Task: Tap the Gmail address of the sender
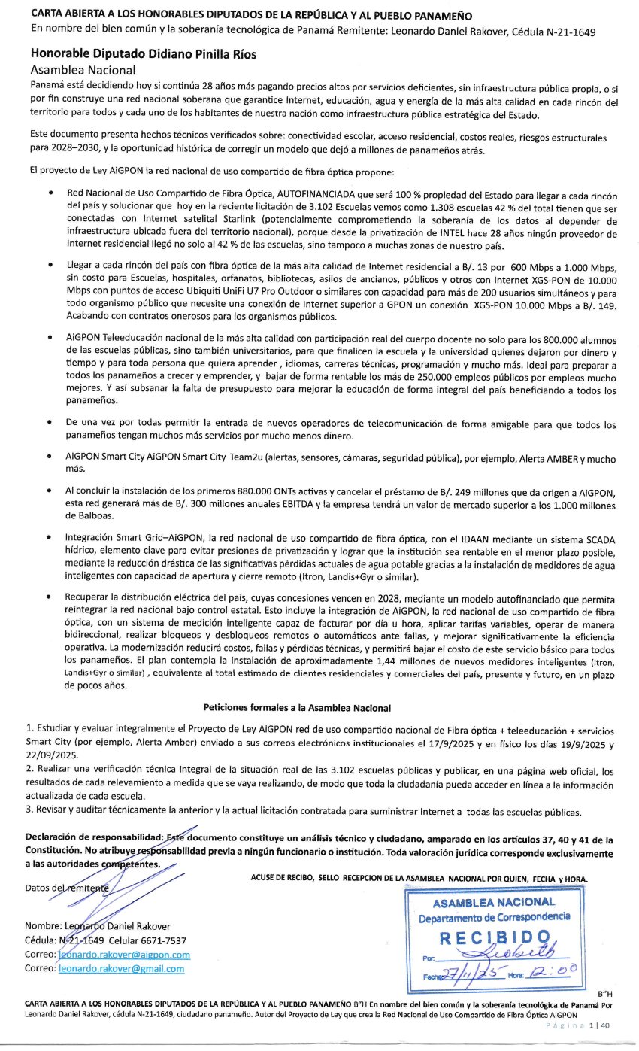coord(121,968)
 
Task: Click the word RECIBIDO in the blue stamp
coord(494,937)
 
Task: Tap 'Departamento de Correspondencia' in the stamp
coord(494,917)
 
